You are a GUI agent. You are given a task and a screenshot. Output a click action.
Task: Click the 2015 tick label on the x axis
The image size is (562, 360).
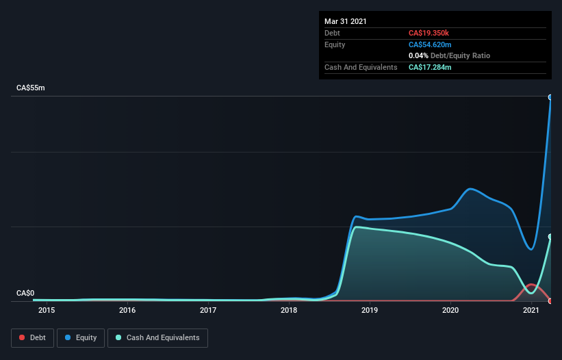coord(47,311)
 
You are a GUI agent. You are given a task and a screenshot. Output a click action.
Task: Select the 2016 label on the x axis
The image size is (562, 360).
coord(127,311)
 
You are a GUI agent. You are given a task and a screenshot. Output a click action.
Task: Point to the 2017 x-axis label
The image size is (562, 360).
coord(208,311)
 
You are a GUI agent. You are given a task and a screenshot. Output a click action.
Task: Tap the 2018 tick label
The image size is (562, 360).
coord(289,311)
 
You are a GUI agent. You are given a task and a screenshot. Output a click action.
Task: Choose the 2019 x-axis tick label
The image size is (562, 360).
coord(370,311)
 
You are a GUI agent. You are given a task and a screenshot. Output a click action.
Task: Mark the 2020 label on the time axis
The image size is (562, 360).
coord(450,311)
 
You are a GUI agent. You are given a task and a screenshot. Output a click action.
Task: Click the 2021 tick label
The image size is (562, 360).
coord(531,311)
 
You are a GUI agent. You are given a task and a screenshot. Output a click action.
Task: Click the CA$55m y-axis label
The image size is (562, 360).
coord(30,88)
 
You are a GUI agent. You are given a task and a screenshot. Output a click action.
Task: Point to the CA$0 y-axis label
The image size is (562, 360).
coord(25,293)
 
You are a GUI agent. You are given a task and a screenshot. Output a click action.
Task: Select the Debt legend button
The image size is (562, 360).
coord(32,337)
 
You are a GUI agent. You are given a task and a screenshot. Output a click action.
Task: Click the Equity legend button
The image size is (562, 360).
coord(81,337)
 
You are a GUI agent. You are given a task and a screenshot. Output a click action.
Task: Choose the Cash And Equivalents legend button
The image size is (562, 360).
coord(157,337)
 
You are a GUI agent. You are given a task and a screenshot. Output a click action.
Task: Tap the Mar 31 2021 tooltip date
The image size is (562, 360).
coord(346,21)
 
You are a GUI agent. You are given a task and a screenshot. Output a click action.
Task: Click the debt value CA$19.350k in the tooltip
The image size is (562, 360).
coord(429,33)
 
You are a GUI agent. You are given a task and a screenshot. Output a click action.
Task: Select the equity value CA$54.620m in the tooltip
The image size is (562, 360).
coord(430,44)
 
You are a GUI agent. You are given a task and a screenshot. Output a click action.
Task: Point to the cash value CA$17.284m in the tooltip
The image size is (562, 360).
coord(430,67)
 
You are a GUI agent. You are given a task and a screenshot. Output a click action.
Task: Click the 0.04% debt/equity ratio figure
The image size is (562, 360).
coord(418,55)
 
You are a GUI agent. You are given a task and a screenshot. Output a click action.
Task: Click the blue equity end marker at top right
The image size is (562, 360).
coord(550,97)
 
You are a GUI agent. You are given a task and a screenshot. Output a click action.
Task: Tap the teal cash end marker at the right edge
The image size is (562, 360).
coord(550,237)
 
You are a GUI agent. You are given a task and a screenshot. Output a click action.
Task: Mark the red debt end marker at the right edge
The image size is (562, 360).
coord(550,300)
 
